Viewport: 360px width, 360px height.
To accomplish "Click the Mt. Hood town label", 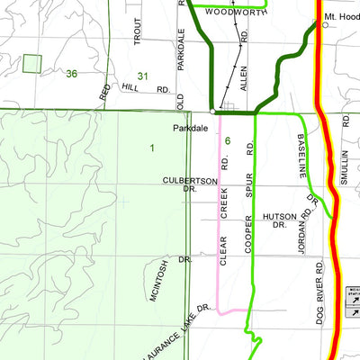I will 342,17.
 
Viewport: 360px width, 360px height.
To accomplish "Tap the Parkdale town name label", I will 192,128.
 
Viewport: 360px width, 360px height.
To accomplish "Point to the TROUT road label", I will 138,31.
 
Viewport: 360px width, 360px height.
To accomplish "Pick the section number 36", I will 72,73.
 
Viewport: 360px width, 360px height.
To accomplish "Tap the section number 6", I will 229,140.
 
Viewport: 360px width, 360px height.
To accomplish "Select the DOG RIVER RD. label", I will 319,292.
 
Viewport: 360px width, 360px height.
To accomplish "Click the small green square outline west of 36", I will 32,64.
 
